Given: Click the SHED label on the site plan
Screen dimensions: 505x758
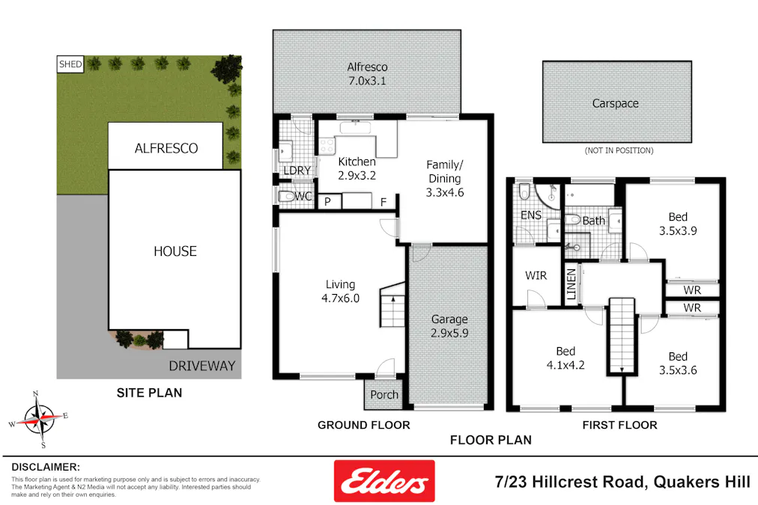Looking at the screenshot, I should pyautogui.click(x=70, y=64).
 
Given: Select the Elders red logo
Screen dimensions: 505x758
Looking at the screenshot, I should pyautogui.click(x=383, y=480).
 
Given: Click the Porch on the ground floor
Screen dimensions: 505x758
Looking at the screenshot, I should pyautogui.click(x=385, y=395).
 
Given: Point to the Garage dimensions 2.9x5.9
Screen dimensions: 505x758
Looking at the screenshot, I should pyautogui.click(x=449, y=333).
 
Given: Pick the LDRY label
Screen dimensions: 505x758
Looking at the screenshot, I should pyautogui.click(x=297, y=171).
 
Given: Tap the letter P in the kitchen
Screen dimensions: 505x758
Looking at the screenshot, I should pyautogui.click(x=327, y=201).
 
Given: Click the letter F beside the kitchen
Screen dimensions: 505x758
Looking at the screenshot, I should pyautogui.click(x=383, y=201).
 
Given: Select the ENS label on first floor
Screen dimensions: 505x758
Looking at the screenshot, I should pyautogui.click(x=531, y=215).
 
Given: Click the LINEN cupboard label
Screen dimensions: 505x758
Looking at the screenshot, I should pyautogui.click(x=571, y=285).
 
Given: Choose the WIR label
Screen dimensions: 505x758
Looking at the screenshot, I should pyautogui.click(x=536, y=275).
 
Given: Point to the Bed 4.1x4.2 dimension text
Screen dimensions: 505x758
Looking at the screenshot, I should pyautogui.click(x=566, y=366).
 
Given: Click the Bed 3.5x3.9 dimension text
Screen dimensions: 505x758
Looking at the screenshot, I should pyautogui.click(x=678, y=231).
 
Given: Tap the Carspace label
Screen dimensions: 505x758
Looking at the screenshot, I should pyautogui.click(x=616, y=103).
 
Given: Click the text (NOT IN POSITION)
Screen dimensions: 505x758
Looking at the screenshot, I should pyautogui.click(x=617, y=150).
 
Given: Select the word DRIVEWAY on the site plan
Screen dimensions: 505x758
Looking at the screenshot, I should pyautogui.click(x=201, y=366).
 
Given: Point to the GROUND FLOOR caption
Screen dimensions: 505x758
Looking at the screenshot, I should pyautogui.click(x=363, y=425).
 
